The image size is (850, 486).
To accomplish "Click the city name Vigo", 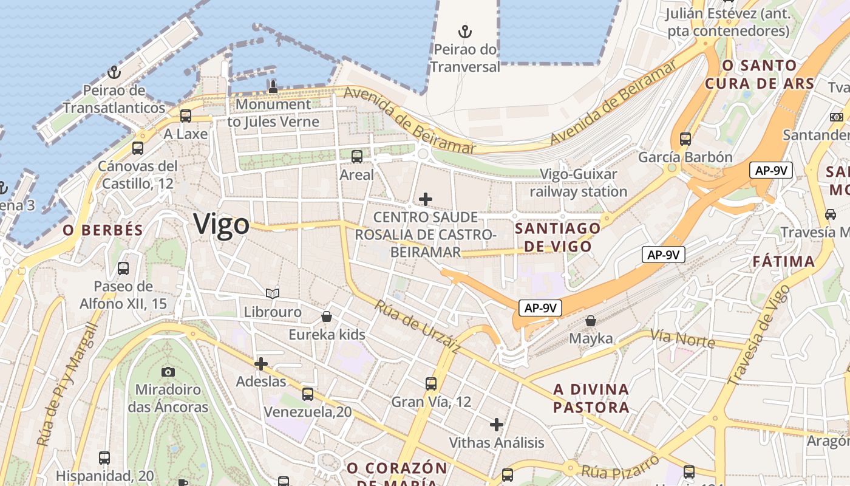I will click(x=222, y=225).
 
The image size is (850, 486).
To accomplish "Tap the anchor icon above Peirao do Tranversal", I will click(x=464, y=31).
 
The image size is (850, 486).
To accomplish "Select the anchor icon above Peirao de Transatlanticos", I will click(x=114, y=73).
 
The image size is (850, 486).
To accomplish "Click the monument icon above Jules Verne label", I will click(x=273, y=86).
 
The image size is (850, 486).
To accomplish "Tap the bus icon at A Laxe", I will click(x=186, y=115).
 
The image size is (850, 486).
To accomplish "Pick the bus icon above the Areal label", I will click(x=357, y=157).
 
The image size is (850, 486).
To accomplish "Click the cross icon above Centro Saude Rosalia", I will click(x=426, y=199).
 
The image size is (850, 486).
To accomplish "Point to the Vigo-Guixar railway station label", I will click(x=578, y=183).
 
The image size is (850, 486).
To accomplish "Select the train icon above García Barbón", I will click(x=685, y=139).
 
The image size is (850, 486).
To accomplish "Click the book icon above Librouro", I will click(x=273, y=294).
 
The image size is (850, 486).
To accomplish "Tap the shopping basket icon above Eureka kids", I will click(x=327, y=317).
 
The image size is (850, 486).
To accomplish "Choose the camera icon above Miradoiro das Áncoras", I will click(x=168, y=371).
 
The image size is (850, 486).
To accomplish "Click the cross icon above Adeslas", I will click(x=261, y=364).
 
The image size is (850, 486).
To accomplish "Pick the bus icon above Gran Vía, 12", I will click(x=431, y=384).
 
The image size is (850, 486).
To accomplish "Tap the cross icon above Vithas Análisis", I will click(x=497, y=425).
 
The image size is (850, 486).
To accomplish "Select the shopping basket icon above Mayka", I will click(x=591, y=320).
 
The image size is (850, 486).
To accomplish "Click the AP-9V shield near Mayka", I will click(x=540, y=308).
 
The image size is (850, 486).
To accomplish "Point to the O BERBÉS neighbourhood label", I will click(x=103, y=230).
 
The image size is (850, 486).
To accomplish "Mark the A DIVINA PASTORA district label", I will click(x=591, y=398).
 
